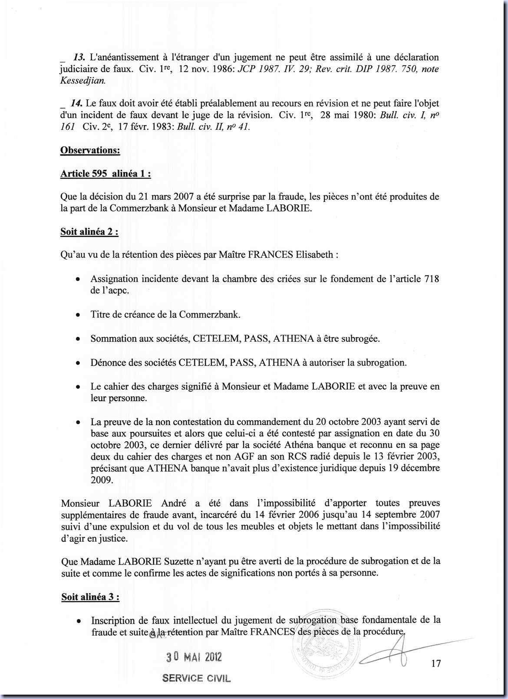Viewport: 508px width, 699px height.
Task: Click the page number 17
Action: (436, 663)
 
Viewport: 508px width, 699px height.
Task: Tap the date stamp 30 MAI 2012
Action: (194, 657)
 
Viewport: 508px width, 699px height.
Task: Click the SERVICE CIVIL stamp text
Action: (196, 678)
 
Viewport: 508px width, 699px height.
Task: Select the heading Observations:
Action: (90, 150)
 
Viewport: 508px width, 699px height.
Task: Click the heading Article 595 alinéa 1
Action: (106, 174)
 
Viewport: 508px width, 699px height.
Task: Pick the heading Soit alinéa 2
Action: (89, 231)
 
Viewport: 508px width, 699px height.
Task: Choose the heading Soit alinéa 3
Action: (90, 597)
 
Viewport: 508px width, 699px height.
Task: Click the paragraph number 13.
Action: (79, 57)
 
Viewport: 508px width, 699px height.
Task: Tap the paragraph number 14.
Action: (79, 103)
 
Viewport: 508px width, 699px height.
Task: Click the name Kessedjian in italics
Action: (82, 81)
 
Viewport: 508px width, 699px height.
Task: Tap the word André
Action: (174, 503)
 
